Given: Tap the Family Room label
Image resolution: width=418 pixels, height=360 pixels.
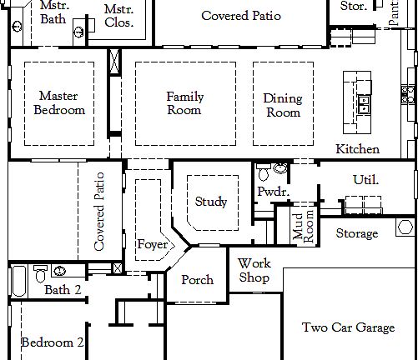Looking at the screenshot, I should (184, 103).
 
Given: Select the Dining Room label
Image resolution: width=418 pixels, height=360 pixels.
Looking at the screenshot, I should (283, 105).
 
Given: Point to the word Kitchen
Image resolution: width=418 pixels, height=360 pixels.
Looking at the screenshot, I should (358, 149).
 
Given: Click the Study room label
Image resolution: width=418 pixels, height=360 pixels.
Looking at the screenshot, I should (211, 202).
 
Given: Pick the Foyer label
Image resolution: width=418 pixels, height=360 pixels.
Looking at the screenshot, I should (153, 245).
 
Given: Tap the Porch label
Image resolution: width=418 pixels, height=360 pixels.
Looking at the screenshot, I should (198, 280).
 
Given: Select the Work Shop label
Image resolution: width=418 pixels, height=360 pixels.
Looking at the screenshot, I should (254, 270).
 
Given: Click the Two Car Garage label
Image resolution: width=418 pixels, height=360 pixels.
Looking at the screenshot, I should (348, 327).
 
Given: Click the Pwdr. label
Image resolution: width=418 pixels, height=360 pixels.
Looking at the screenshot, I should (272, 191).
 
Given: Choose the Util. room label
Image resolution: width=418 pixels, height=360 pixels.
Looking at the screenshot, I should (366, 179).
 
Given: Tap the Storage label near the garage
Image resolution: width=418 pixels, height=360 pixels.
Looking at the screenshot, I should (357, 234).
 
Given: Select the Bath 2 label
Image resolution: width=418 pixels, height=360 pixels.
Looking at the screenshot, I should (63, 290).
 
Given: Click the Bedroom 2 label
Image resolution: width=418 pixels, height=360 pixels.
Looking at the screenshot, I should (52, 342).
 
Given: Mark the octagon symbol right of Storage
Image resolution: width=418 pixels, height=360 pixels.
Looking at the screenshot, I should (405, 227).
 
